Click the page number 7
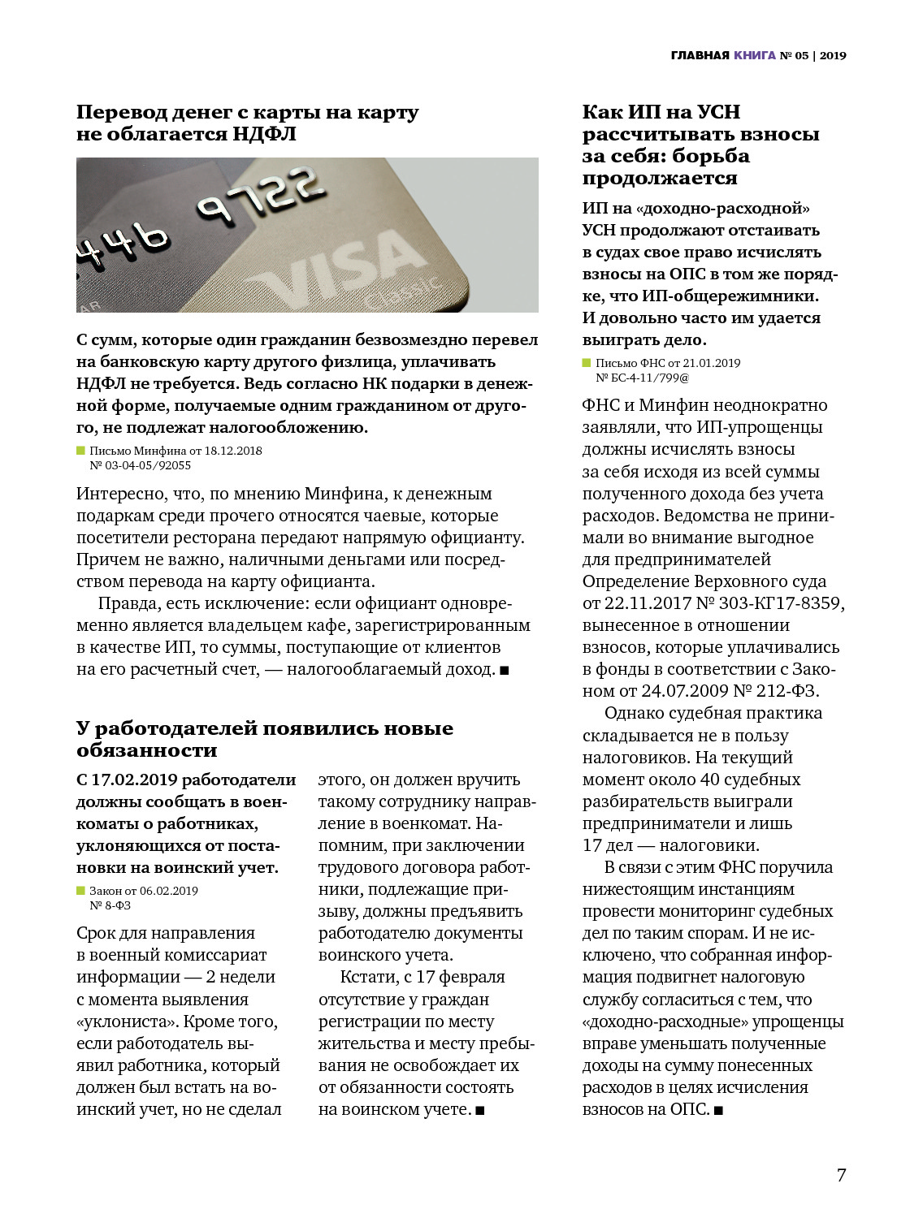click(841, 1175)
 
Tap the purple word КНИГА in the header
click(755, 56)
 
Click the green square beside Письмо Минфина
click(80, 451)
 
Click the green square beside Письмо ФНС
click(587, 363)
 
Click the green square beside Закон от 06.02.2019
click(80, 891)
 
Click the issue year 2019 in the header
click(833, 56)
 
